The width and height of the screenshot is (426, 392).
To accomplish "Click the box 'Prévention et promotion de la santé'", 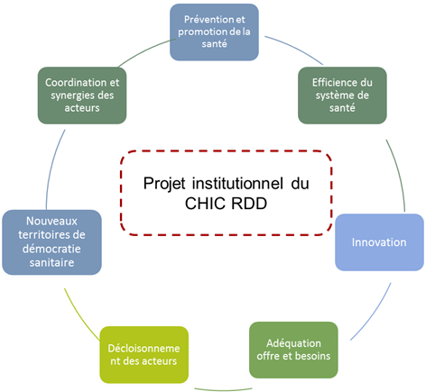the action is [x=214, y=32].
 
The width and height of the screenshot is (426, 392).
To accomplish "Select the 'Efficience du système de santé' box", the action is [x=342, y=96].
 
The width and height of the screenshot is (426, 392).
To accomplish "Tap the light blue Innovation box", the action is [x=379, y=242].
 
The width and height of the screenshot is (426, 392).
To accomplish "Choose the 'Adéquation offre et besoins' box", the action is [x=293, y=350].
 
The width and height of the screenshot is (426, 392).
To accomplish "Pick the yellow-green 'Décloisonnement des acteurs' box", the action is [x=144, y=355].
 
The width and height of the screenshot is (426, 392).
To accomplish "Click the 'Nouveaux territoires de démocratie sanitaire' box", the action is [x=51, y=242].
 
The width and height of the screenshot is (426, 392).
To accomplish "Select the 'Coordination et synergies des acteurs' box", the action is [x=82, y=96].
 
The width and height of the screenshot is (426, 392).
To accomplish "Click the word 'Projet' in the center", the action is [x=164, y=184].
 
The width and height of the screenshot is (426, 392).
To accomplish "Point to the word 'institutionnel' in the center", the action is [x=237, y=183].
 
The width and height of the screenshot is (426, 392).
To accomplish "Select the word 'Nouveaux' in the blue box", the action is [x=51, y=221].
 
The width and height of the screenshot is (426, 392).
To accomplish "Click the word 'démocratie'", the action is [x=51, y=249].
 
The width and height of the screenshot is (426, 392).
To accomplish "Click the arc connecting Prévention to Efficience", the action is [x=295, y=49].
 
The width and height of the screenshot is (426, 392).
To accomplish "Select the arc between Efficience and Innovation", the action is [x=398, y=174].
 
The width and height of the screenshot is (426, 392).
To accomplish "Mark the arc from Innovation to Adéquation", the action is [x=374, y=314].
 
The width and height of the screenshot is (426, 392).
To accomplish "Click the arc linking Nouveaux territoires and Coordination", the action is [x=53, y=169].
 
